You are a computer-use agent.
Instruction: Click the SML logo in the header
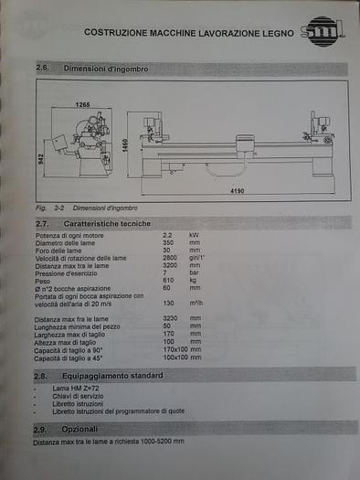tap(323, 30)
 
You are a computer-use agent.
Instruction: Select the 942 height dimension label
tap(43, 157)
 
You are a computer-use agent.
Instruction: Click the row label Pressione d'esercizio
tap(69, 272)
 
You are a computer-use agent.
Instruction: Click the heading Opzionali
tap(79, 428)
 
